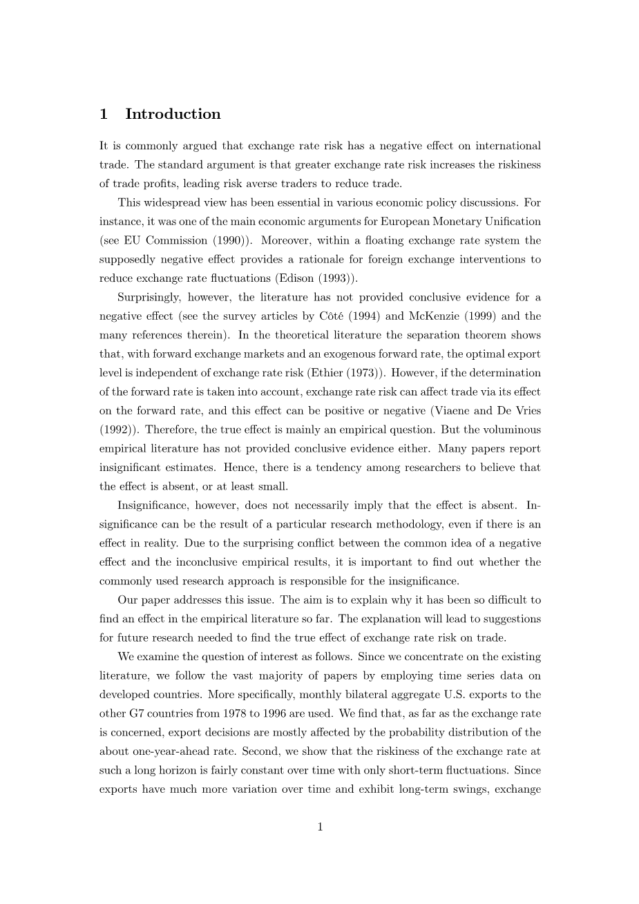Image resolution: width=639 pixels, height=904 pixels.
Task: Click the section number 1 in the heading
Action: point(104,115)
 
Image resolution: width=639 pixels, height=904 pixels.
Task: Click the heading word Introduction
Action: point(173,115)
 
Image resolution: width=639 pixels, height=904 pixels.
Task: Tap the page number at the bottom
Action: point(320,827)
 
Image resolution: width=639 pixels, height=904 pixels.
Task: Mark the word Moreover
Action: point(285,240)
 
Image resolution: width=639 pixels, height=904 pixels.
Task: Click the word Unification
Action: point(511,222)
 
